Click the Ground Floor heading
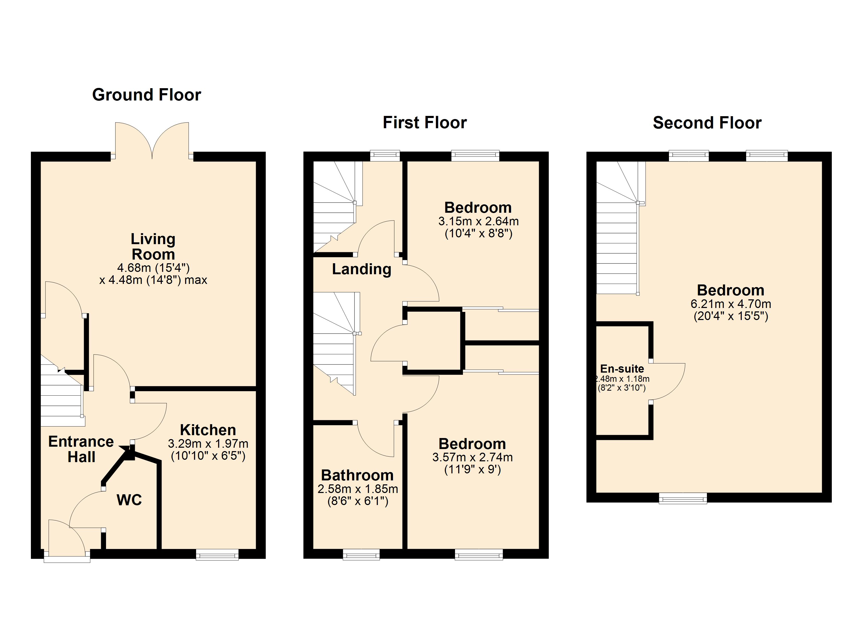(146, 95)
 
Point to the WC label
(129, 500)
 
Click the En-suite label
(622, 369)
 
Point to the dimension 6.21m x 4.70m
(731, 304)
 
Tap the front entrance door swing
(67, 537)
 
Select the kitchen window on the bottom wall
(217, 554)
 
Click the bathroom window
(361, 554)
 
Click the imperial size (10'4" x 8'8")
(479, 233)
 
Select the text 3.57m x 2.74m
(472, 457)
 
